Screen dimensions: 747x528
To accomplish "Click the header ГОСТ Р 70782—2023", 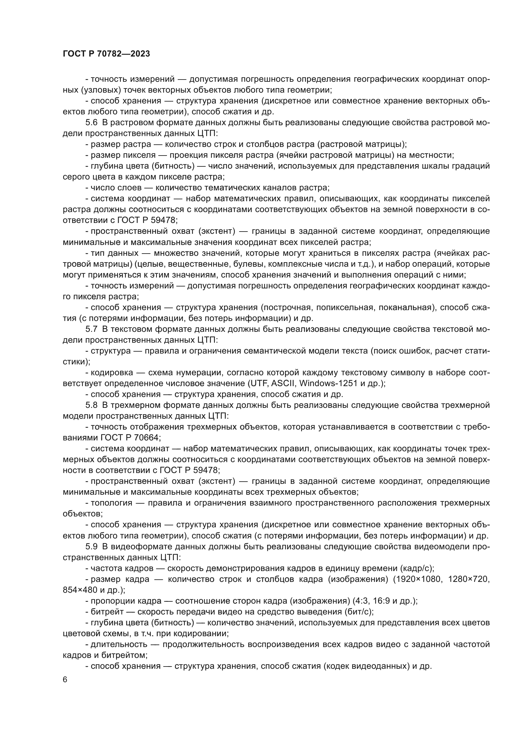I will (x=106, y=54).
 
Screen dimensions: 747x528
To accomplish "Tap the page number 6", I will (x=65, y=680).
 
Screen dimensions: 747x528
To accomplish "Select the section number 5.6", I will (x=91, y=123).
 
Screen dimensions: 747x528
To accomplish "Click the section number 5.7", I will (x=91, y=329).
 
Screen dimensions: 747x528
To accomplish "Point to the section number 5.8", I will (x=91, y=405).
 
